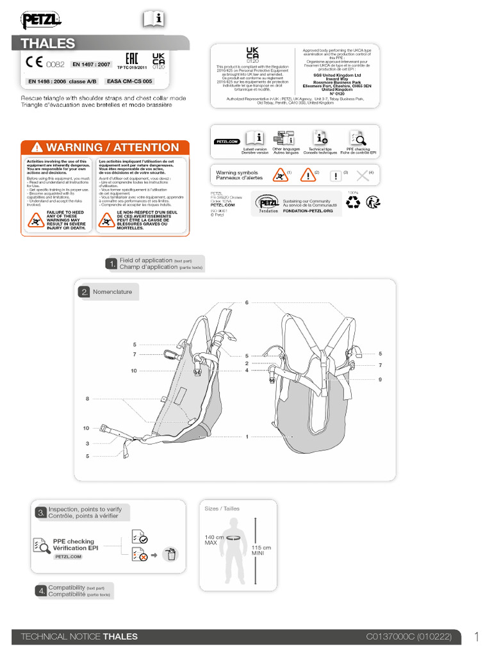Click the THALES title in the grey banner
[48, 44]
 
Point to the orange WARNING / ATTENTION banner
[105, 147]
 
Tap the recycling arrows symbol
[353, 203]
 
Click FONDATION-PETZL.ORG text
[311, 210]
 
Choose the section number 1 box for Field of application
[111, 264]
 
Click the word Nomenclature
[112, 292]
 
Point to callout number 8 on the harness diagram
[87, 398]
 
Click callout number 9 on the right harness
[380, 380]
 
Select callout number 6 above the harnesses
[245, 302]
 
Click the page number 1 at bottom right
[477, 636]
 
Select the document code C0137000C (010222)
[409, 637]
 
